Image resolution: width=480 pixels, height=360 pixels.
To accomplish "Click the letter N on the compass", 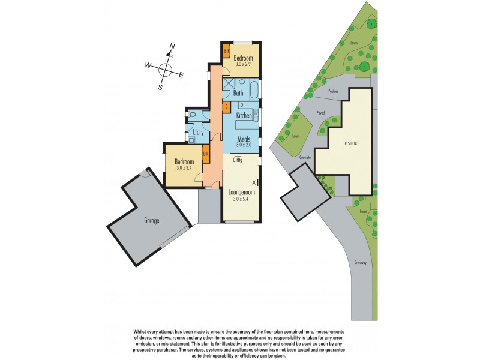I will (172, 46).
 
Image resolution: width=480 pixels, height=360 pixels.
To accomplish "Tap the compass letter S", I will (160, 87).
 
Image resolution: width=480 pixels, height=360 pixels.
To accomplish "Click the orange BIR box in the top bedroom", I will (227, 51).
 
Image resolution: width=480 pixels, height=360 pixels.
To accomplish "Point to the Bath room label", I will (238, 93).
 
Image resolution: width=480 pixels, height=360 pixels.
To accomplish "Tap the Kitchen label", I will (244, 115).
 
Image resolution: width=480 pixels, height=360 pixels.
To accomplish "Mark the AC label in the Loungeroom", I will (254, 181).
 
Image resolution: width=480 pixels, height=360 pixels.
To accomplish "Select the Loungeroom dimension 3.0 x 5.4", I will (241, 199).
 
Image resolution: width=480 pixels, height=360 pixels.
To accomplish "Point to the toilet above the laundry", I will (191, 114).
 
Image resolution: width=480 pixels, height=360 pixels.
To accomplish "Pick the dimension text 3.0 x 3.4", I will (184, 168).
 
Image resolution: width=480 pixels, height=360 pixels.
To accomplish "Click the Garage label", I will (151, 221).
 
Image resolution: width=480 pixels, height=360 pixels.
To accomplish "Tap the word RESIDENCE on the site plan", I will (352, 143).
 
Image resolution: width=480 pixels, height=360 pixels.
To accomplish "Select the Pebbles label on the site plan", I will (334, 91).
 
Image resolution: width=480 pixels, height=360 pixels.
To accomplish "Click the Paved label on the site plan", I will (320, 112).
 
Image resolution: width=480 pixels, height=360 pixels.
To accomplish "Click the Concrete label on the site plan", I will (305, 157).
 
